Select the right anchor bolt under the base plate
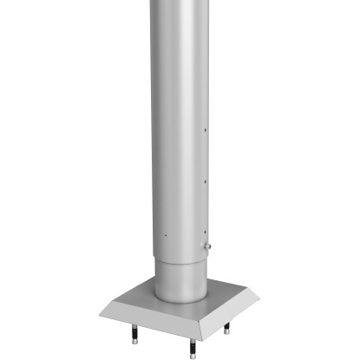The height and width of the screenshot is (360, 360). pyautogui.click(x=226, y=329)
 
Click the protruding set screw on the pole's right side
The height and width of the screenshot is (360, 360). pyautogui.click(x=208, y=247)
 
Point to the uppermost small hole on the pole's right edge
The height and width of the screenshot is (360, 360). pyautogui.click(x=205, y=133)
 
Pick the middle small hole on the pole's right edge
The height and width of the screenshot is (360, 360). pyautogui.click(x=205, y=181)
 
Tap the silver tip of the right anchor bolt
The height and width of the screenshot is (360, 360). pyautogui.click(x=226, y=332)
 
